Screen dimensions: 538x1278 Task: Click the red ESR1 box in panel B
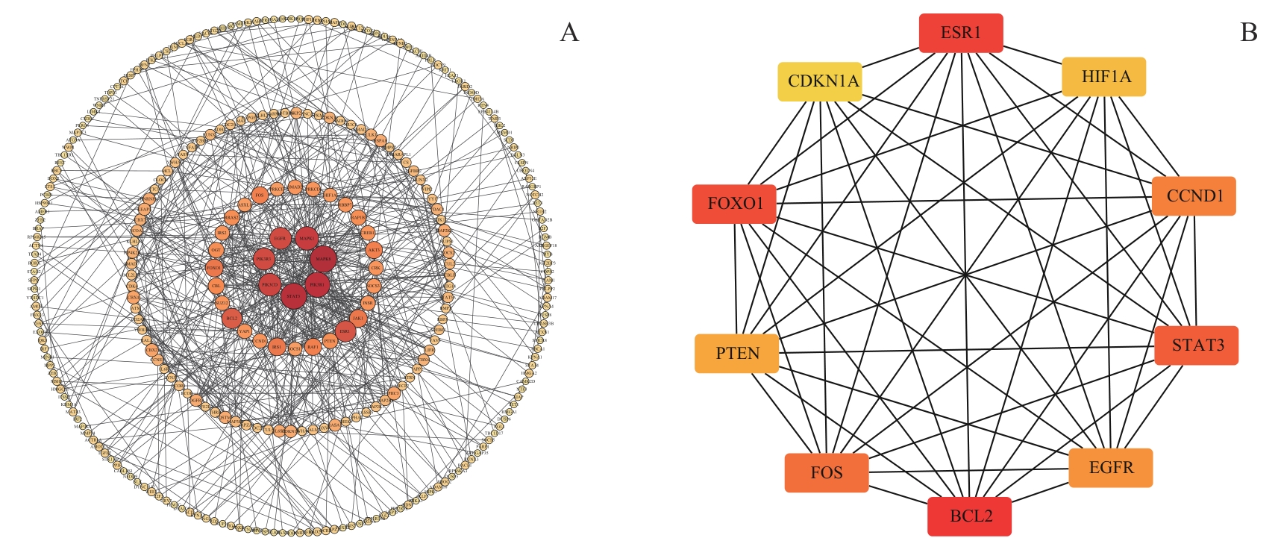961,34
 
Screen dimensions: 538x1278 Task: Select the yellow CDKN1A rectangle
820,81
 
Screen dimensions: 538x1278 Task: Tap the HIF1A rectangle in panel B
1103,77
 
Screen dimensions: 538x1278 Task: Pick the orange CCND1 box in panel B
1194,196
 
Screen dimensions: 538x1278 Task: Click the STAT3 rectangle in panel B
1196,345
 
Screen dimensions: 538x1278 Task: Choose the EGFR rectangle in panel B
1110,468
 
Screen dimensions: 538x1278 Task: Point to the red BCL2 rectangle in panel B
970,516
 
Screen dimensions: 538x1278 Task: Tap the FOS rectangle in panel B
827,473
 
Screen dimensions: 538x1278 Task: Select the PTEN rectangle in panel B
737,354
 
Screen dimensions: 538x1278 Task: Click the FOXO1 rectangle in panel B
735,204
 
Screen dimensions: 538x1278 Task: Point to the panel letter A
569,32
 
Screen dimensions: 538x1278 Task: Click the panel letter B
1248,32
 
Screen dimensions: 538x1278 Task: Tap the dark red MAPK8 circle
323,259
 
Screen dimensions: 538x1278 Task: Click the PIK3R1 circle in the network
318,284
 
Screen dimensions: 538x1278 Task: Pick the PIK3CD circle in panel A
269,284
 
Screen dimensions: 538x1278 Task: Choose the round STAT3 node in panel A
294,295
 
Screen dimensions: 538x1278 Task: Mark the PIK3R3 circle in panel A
264,259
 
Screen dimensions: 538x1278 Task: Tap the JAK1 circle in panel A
358,318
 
